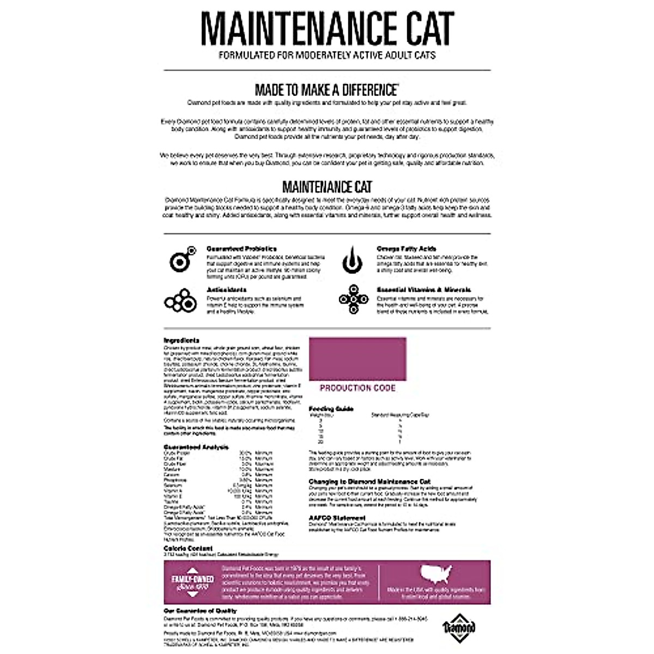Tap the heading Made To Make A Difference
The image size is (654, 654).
(x=326, y=89)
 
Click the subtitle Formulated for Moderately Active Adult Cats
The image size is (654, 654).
(x=327, y=55)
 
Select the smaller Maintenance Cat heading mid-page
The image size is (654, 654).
(x=327, y=187)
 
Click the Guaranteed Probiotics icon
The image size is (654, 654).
(x=181, y=259)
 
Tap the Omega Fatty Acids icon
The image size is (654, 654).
(x=352, y=261)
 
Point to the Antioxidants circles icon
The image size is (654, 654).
(x=180, y=301)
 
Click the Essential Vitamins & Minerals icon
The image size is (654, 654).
(x=353, y=300)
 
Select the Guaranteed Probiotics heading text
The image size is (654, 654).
(x=241, y=249)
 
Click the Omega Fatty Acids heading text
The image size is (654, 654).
(x=406, y=249)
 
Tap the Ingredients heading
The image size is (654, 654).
(x=181, y=341)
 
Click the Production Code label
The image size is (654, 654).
(x=358, y=388)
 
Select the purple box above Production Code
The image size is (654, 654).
(x=358, y=359)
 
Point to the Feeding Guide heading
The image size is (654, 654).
(x=331, y=408)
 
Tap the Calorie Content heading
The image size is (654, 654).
(x=188, y=548)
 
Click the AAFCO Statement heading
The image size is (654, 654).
(x=337, y=518)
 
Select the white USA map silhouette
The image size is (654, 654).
(x=437, y=574)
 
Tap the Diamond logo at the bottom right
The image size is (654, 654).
(x=459, y=627)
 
